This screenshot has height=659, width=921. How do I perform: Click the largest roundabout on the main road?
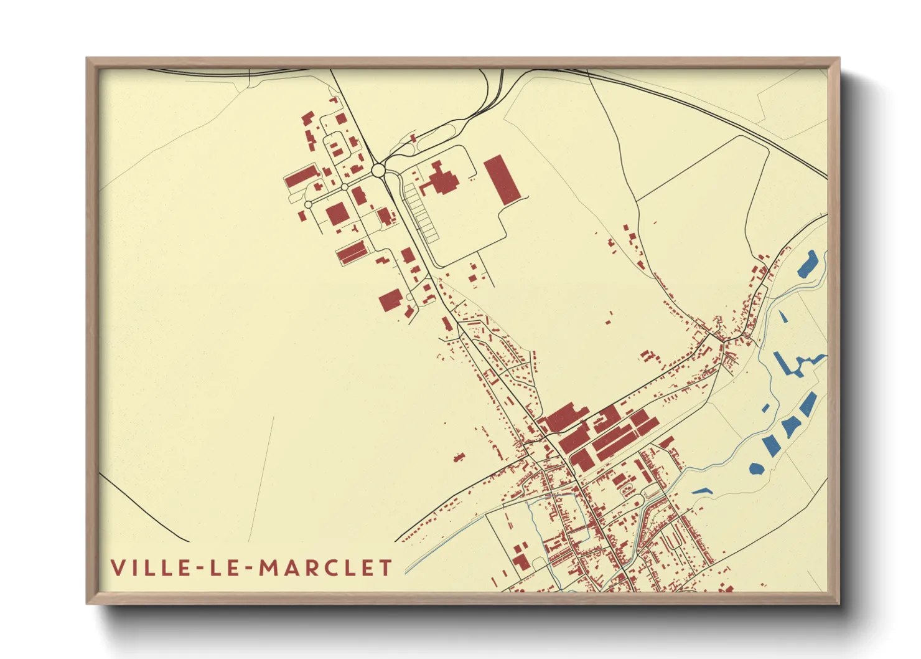(x=378, y=170)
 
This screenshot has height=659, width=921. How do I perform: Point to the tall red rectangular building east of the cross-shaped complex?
(x=502, y=179)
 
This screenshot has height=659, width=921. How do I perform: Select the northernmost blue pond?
(x=807, y=263)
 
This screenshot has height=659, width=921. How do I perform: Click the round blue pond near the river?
(x=756, y=468)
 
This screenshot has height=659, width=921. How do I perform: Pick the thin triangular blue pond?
(x=783, y=316)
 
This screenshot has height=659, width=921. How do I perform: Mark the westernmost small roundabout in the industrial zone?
(x=308, y=204)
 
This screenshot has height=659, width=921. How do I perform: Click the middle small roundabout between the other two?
(x=344, y=187)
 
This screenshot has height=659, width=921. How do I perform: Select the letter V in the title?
(x=117, y=567)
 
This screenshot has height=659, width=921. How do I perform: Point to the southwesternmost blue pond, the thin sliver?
(x=702, y=490)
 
